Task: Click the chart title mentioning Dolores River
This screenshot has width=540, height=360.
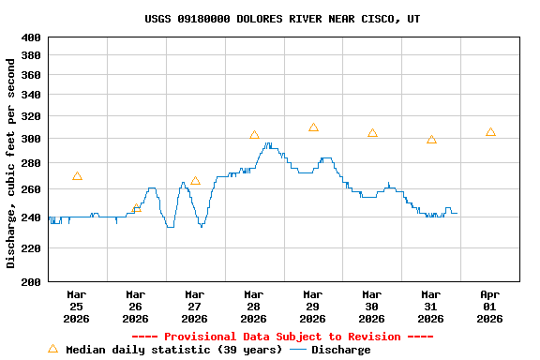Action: [x=282, y=19]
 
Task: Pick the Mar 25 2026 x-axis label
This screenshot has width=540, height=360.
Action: [x=76, y=306]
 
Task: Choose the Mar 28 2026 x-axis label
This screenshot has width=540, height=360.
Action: [x=253, y=306]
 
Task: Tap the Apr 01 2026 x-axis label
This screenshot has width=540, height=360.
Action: [x=489, y=306]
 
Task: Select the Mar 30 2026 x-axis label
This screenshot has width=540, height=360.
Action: [x=371, y=306]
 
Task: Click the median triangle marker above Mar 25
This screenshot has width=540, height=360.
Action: [x=77, y=176]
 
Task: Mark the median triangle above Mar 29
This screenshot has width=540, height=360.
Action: [x=313, y=127]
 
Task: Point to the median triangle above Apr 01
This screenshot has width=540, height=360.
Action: [x=490, y=132]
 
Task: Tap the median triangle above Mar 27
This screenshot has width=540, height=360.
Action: [x=195, y=181]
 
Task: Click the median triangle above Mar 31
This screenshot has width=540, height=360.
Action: [x=431, y=140]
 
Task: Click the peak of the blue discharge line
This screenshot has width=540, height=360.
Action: [x=268, y=143]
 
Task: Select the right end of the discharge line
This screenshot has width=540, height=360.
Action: [x=457, y=213]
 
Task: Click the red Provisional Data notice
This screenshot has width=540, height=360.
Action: [x=282, y=337]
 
